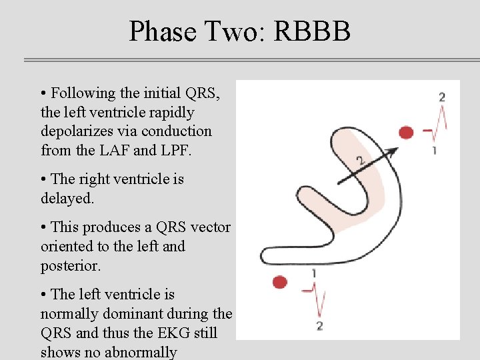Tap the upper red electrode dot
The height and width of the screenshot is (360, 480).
[406, 132]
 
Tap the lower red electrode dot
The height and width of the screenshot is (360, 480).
[280, 282]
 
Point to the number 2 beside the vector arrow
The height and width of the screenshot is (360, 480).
[360, 161]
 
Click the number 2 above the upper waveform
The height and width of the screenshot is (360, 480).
[442, 97]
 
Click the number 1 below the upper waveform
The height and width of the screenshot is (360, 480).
[435, 150]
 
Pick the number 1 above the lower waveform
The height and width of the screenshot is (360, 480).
[313, 273]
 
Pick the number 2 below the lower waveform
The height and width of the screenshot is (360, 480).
[319, 326]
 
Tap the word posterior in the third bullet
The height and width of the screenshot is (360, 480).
[71, 265]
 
